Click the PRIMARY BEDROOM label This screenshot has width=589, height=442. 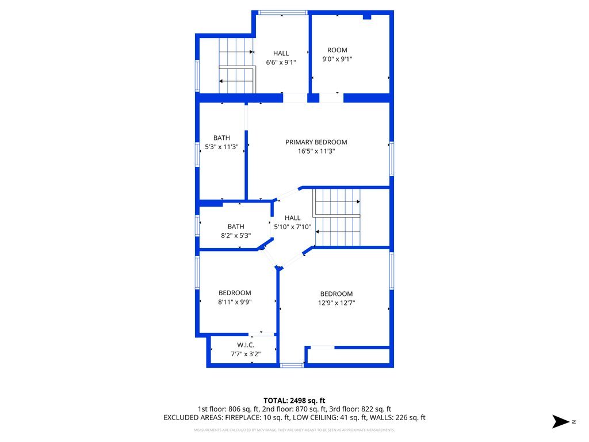pyautogui.click(x=316, y=142)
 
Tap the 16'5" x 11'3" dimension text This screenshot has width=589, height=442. pyautogui.click(x=316, y=151)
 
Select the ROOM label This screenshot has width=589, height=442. pyautogui.click(x=337, y=50)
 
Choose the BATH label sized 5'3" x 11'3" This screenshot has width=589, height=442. pyautogui.click(x=221, y=138)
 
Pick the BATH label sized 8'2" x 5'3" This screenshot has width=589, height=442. pyautogui.click(x=236, y=226)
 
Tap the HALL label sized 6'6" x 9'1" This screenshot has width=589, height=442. pyautogui.click(x=281, y=54)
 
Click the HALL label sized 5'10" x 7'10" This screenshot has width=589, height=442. pyautogui.click(x=292, y=218)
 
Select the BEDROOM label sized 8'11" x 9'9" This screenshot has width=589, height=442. pyautogui.click(x=235, y=293)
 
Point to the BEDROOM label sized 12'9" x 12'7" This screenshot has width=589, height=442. pyautogui.click(x=336, y=294)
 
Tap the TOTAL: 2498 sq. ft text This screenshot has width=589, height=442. pyautogui.click(x=294, y=400)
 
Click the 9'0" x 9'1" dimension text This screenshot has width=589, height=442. pyautogui.click(x=337, y=59)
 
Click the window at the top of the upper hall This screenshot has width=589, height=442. pyautogui.click(x=282, y=13)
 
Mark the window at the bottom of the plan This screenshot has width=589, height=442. pyautogui.click(x=291, y=365)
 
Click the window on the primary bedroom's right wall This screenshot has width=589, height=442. pyautogui.click(x=392, y=158)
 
